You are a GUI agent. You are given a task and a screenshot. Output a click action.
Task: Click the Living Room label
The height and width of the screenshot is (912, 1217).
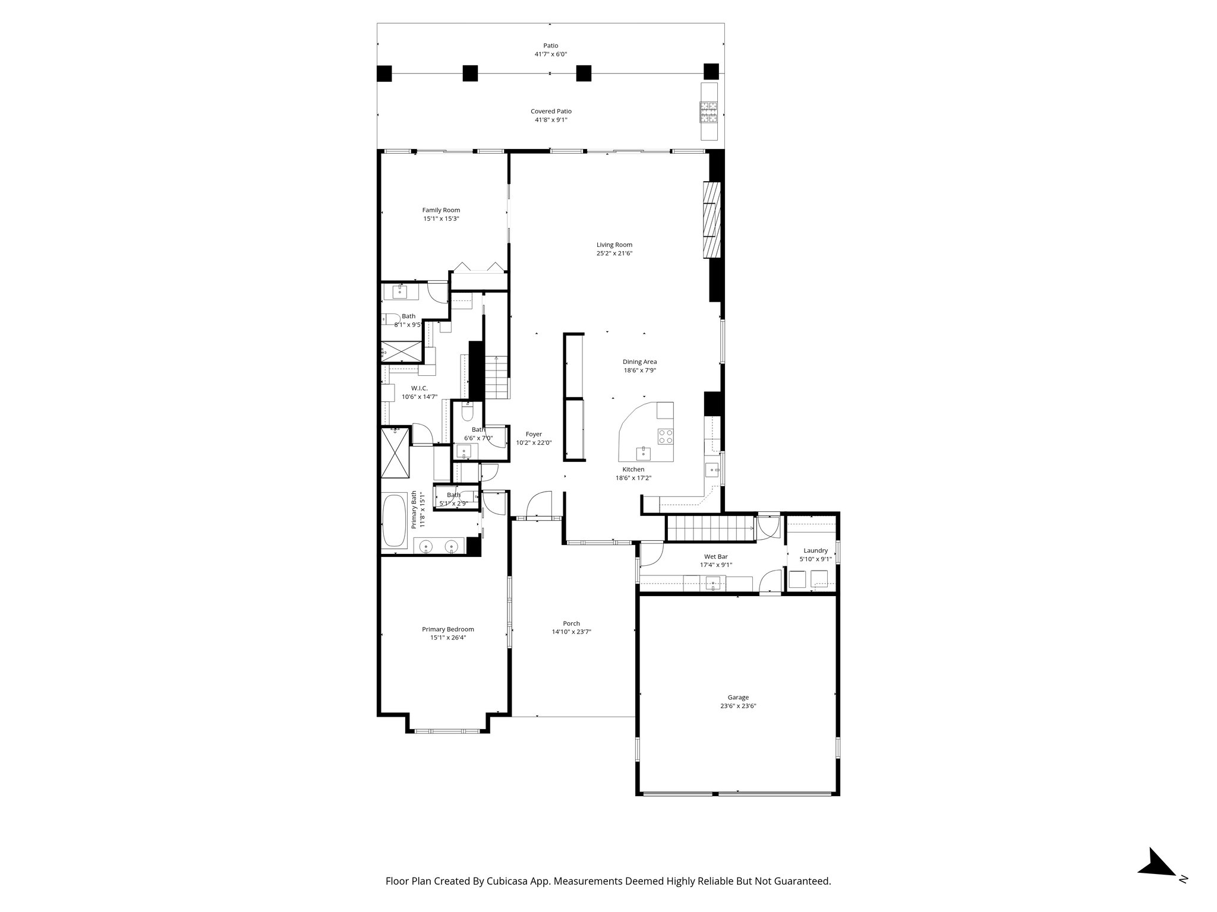pos(614,245)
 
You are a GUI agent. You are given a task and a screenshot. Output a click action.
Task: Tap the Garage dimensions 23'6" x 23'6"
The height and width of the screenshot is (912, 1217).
pos(738,706)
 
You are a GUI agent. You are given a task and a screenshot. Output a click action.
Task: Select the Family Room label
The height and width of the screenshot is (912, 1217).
pos(441,210)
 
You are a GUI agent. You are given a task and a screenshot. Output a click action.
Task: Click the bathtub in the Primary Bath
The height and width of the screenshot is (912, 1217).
pos(393,521)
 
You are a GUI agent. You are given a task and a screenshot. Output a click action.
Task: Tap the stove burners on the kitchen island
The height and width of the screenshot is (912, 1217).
pos(666,436)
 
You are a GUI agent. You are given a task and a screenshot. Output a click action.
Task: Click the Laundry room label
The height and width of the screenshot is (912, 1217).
pos(815,550)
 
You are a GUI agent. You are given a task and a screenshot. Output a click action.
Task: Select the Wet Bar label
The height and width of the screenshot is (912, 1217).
pos(715,556)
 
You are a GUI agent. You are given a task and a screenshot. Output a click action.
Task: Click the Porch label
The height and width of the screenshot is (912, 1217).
pos(571,623)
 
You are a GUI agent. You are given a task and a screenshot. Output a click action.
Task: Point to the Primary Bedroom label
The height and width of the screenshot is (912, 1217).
pos(448,629)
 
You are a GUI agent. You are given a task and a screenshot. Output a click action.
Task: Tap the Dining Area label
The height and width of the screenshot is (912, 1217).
pos(639,362)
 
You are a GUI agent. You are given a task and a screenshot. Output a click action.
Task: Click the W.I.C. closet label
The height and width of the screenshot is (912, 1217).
pos(419,388)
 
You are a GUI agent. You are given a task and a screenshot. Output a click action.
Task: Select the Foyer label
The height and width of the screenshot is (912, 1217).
pos(534,434)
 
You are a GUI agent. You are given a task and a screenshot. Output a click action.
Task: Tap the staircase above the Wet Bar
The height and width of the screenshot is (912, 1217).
pos(710,528)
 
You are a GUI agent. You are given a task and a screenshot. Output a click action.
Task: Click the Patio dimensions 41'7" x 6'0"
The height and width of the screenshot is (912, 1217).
pos(551,54)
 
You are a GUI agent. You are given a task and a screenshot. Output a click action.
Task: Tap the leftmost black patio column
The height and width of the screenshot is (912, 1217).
pos(384,73)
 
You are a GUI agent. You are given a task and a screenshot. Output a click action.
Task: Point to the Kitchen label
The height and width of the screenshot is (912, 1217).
pos(633,469)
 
